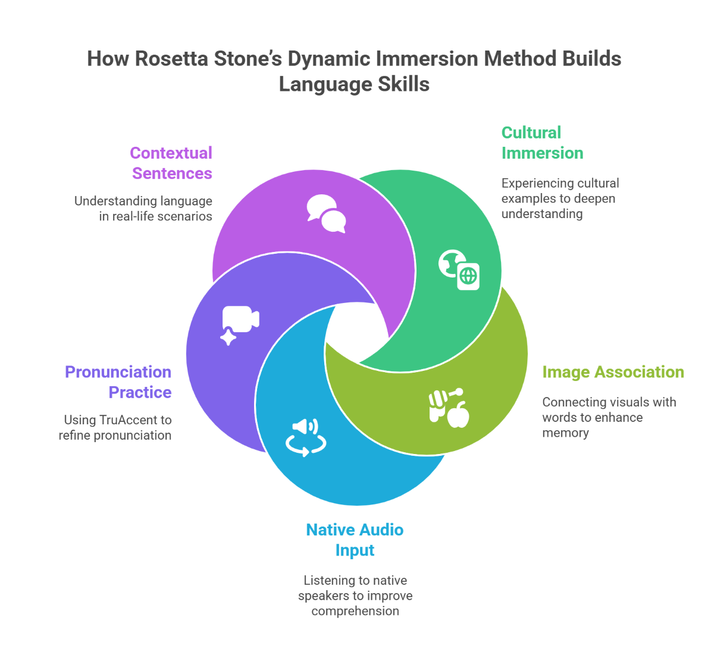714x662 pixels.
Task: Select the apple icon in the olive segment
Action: pos(458,414)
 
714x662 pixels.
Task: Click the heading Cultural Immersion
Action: pos(541,143)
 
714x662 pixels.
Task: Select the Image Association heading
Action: pos(613,372)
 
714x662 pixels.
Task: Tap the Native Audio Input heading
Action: pos(355,540)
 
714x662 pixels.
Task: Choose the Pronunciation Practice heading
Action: pos(118,382)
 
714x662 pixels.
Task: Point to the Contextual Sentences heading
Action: pos(171,163)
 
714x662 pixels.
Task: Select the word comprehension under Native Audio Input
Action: pos(355,611)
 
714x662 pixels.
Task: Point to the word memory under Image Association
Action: pos(565,433)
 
